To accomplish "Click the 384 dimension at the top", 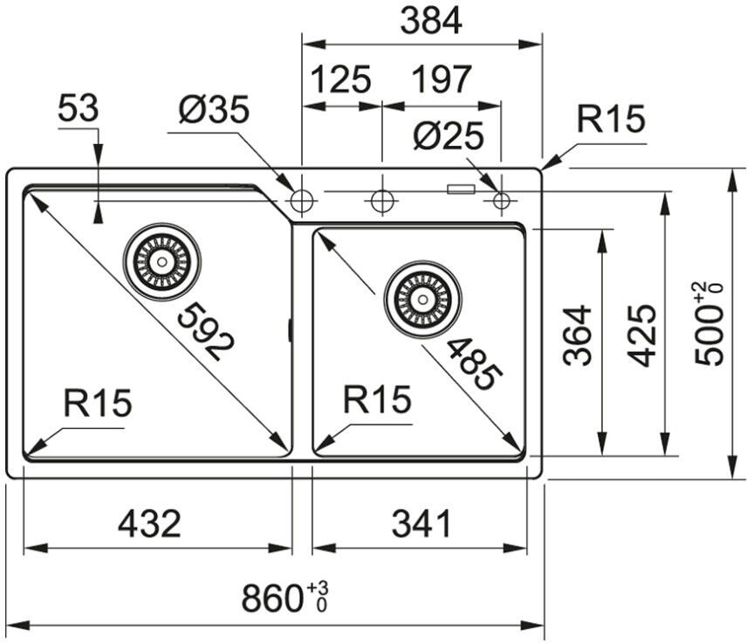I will pos(430,20).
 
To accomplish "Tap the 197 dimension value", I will pos(441,80).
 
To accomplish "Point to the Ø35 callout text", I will pos(214,110).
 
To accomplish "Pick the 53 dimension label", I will pos(79,110).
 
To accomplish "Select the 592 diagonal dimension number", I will pos(206,332).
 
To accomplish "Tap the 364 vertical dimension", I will pos(577,335).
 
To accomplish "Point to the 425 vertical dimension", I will pos(642,335).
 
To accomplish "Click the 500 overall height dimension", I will pos(708,324).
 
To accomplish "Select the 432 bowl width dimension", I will pos(149,524).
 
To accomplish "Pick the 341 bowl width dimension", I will pos(421,524).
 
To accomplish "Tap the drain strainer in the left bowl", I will pos(161,260).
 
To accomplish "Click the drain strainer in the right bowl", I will pos(423,299).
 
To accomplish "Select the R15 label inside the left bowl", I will pos(97,404).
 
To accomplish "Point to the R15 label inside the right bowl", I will pos(376,399).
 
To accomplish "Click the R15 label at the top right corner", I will pos(610,121).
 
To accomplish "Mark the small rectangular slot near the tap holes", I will pos(460,188).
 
